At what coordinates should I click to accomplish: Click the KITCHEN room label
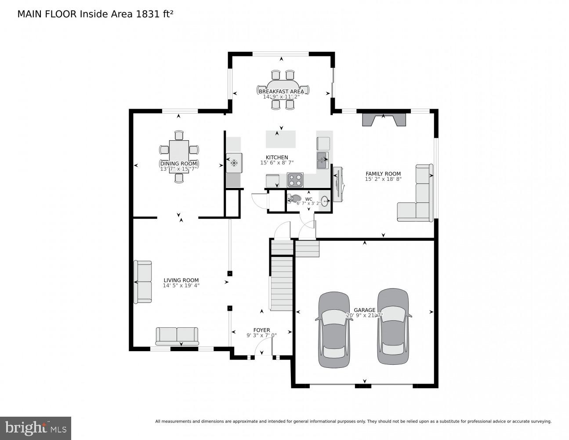click(277, 158)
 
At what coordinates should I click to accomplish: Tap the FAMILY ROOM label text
click(383, 174)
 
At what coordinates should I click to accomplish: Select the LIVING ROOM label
click(181, 280)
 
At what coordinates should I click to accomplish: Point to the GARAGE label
click(365, 310)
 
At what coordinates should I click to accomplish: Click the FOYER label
click(261, 330)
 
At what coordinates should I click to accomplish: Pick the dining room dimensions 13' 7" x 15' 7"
click(178, 169)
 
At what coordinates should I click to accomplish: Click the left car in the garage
click(334, 330)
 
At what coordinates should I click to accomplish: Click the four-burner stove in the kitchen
click(295, 180)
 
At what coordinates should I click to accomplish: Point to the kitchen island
click(280, 139)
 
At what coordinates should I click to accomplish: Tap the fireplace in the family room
click(383, 120)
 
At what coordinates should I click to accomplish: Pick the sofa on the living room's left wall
click(143, 282)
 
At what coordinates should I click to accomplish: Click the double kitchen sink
click(323, 161)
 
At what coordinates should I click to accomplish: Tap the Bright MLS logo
click(36, 428)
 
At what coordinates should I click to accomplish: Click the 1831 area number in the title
click(148, 14)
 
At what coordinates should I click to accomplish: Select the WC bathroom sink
click(325, 202)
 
